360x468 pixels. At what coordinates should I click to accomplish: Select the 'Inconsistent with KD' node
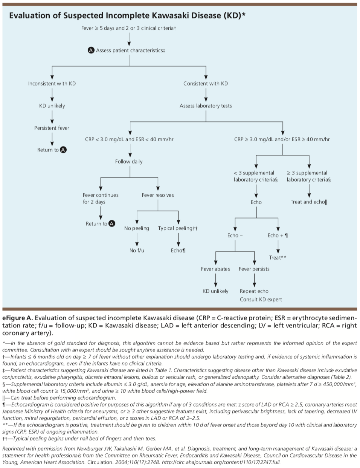point(52,84)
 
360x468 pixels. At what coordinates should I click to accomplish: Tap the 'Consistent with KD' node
point(206,84)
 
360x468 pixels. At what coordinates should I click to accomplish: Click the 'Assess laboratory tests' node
point(206,106)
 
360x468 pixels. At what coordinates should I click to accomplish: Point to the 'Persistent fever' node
point(52,128)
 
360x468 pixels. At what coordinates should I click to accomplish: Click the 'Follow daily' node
point(129,162)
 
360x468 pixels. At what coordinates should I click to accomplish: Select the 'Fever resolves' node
point(158,195)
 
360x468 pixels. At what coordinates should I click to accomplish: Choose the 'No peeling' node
point(137,228)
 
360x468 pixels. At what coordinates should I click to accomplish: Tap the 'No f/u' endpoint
point(137,251)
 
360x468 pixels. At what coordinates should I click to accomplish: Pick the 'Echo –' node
point(235,236)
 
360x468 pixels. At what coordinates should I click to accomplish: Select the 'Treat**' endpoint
point(278,258)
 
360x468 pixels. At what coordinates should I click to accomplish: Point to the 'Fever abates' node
point(215,269)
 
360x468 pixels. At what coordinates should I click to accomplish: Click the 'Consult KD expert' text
point(261,300)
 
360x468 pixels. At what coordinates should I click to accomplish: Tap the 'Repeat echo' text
point(254,291)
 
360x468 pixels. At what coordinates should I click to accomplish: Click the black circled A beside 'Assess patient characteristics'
point(91,50)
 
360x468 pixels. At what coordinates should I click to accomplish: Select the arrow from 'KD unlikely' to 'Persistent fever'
point(52,117)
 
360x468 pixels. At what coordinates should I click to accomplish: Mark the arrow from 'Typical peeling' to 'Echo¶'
point(178,240)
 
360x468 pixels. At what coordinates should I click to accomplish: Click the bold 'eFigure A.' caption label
point(18,318)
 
